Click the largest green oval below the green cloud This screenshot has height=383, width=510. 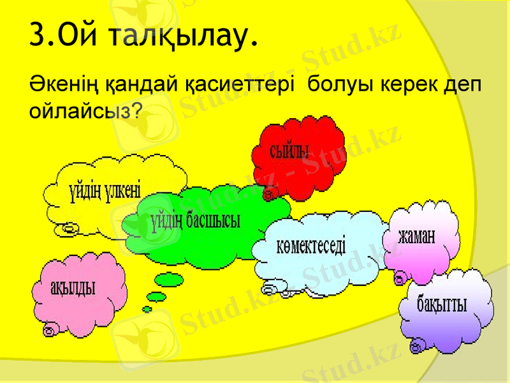click(169, 280)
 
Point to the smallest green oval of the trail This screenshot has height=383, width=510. click(147, 309)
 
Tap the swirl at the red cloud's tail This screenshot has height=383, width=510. click(269, 193)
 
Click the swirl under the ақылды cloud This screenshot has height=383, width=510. click(49, 330)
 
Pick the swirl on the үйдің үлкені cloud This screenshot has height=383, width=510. click(69, 227)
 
